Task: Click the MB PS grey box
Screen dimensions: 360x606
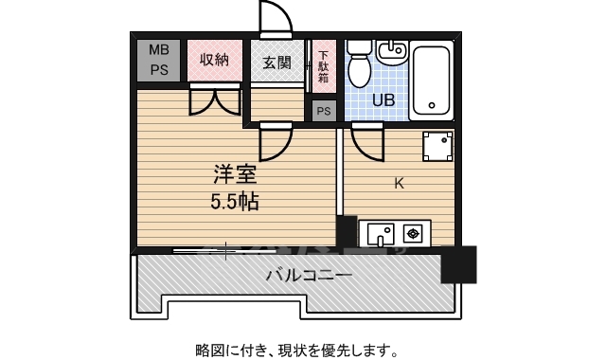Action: [x=159, y=60]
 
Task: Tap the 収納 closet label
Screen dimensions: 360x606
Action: [x=215, y=60]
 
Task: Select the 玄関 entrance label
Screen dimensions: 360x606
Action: [x=276, y=63]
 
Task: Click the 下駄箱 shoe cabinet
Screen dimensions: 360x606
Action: [x=323, y=65]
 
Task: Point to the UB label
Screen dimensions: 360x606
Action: [x=383, y=99]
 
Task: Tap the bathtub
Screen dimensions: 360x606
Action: [x=432, y=81]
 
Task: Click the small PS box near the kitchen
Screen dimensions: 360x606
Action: [x=324, y=110]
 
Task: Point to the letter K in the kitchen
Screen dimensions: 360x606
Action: [x=399, y=184]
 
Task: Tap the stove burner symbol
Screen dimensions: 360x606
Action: [x=414, y=231]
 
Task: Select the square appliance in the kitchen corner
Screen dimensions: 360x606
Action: [x=437, y=147]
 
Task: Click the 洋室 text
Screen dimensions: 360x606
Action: [x=235, y=175]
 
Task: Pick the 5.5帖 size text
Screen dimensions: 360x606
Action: [x=234, y=202]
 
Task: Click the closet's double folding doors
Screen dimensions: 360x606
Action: [x=215, y=99]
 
